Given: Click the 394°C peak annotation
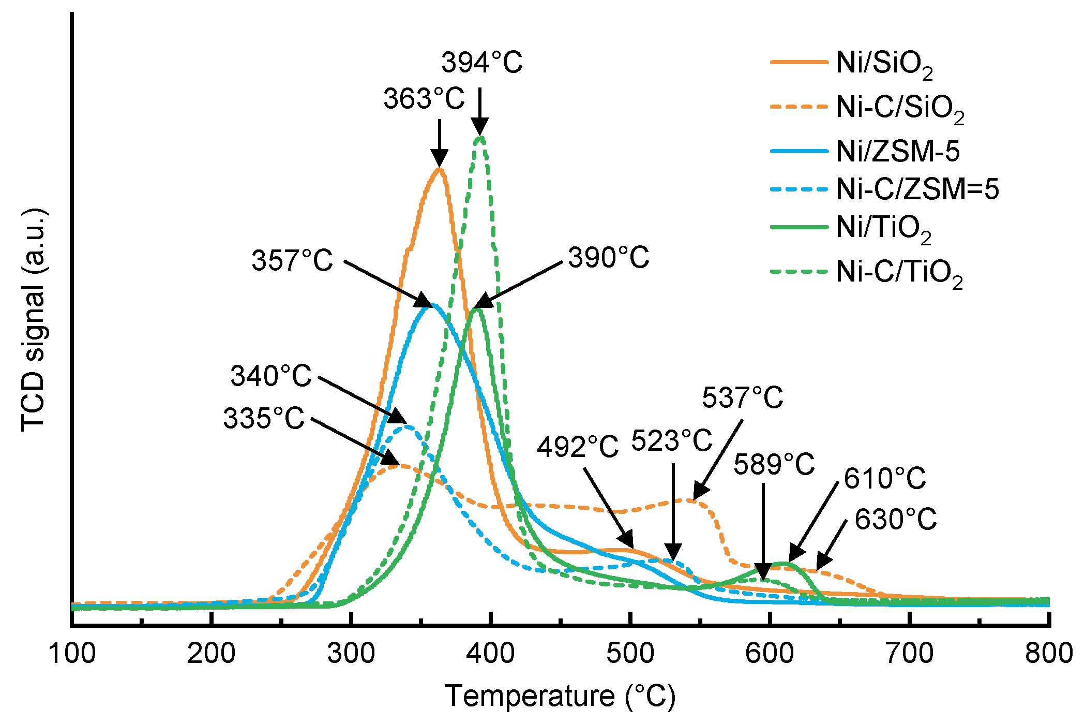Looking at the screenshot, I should [481, 63].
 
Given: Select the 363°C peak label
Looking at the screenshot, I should [424, 98].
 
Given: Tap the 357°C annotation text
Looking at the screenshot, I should [292, 260].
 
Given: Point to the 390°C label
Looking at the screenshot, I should [608, 257].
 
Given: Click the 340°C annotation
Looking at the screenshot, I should [271, 376].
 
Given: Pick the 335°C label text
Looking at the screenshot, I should [264, 418].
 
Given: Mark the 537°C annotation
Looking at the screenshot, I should [742, 398].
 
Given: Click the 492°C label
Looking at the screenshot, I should [577, 447].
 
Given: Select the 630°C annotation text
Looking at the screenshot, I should [895, 519].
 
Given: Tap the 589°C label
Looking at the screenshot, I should [774, 464].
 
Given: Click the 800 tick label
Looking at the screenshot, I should [1048, 653].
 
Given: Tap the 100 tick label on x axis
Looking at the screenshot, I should [72, 653].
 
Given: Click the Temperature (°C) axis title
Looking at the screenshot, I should [560, 696].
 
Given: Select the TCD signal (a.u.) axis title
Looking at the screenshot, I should [34, 320].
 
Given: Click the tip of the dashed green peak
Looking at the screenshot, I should [480, 137].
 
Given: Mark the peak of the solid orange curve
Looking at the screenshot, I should [439, 169].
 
